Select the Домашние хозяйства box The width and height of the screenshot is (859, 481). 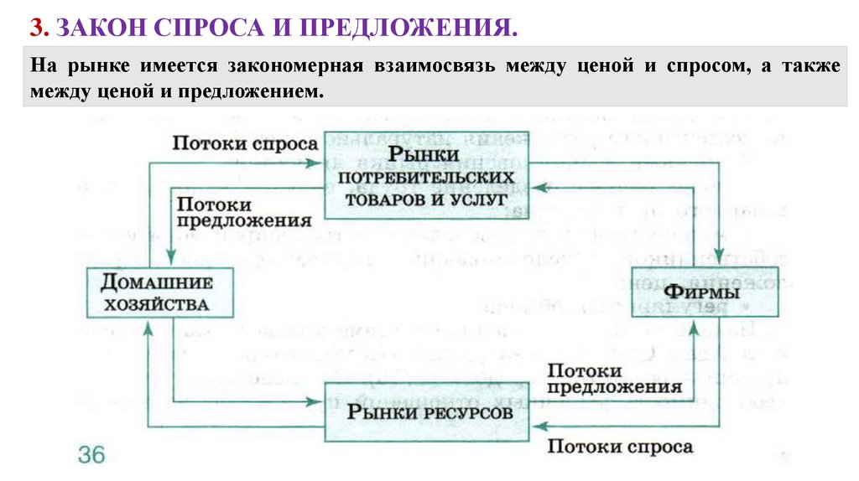point(159,292)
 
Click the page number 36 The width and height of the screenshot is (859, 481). point(91,455)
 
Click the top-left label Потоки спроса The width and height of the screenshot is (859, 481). point(245,142)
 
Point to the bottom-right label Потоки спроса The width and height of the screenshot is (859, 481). point(621,447)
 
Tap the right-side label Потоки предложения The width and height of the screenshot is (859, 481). point(613,380)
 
